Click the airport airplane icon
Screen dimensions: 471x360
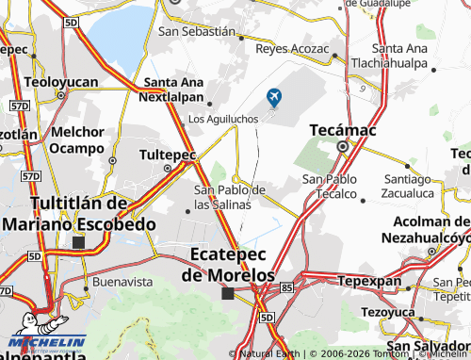point(274,95)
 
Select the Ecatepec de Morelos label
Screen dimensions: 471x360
point(231,264)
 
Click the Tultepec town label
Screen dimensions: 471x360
point(167,154)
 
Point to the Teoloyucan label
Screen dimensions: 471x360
point(62,82)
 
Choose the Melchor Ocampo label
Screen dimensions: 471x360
point(77,139)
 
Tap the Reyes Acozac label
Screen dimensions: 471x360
point(292,48)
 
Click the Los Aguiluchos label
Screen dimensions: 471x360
point(224,120)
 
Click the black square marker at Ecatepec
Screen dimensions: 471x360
point(227,294)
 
